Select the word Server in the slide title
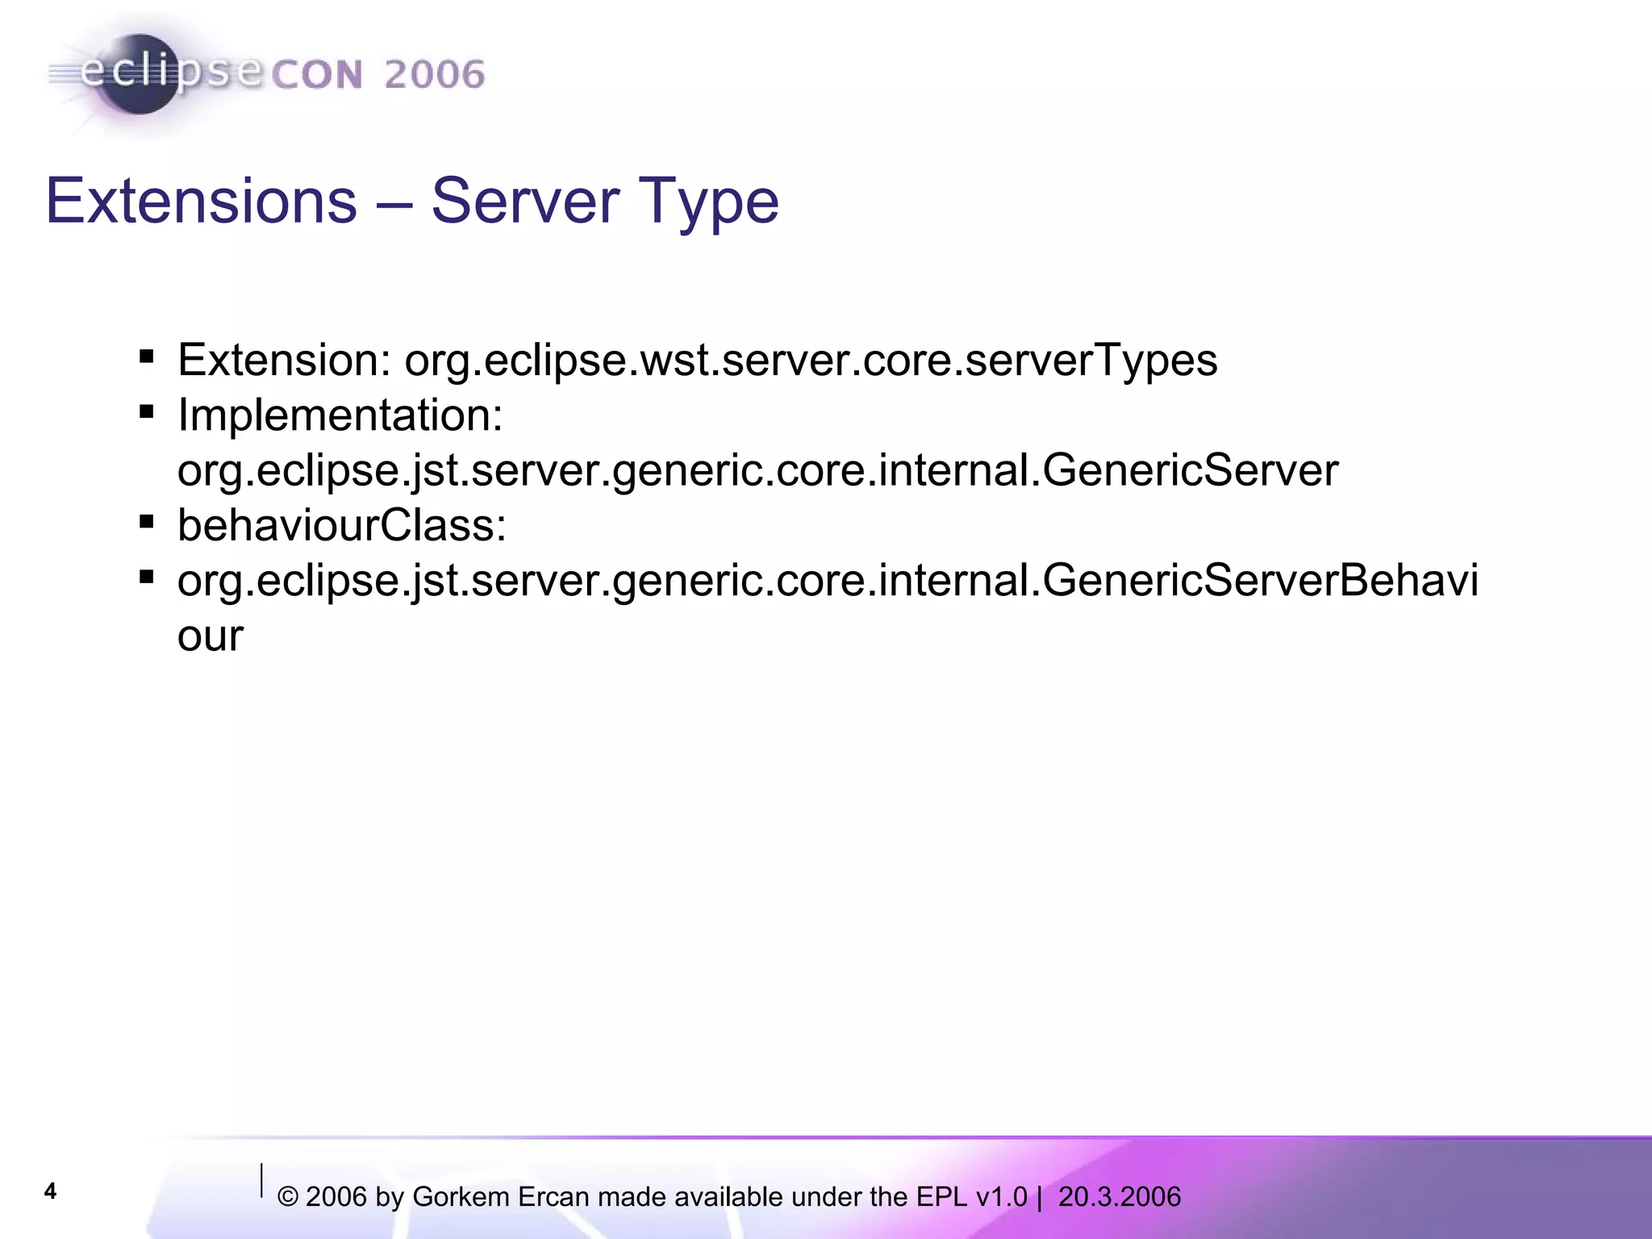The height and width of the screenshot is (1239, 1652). [525, 201]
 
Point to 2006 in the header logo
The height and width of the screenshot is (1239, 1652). [434, 75]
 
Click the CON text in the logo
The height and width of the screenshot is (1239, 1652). [317, 75]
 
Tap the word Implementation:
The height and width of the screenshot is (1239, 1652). [340, 415]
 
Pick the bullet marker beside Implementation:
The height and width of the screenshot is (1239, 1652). [146, 412]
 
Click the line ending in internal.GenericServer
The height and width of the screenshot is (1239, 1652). [757, 471]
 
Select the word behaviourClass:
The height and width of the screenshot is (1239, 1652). [342, 526]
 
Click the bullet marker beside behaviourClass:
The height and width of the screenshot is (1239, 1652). [146, 522]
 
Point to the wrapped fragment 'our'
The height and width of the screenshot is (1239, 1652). [210, 637]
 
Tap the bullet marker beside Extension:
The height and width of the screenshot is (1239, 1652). [146, 357]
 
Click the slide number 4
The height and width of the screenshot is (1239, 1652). [50, 1191]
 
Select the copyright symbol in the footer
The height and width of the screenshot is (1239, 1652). [288, 1197]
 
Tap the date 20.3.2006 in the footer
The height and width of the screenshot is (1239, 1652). [1119, 1197]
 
